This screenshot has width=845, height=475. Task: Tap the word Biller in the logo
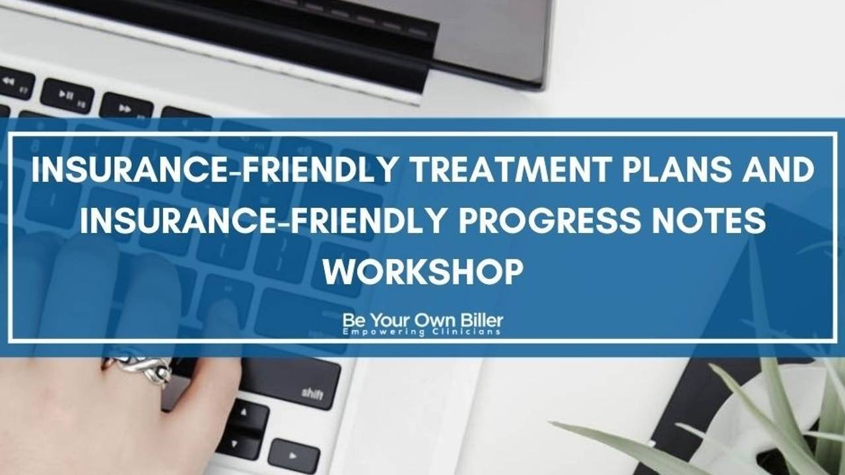pos(481,321)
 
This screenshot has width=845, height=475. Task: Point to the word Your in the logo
pos(390,321)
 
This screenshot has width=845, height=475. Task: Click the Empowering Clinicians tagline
pos(422,332)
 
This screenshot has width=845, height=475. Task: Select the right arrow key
pos(294,455)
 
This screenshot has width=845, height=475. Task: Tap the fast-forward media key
pos(125,108)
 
